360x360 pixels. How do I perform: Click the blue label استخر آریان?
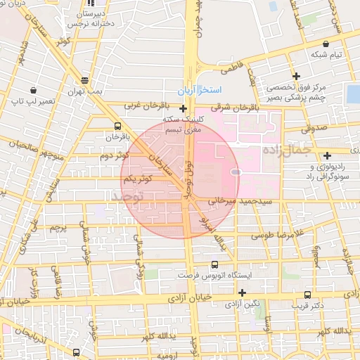(x=199, y=91)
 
